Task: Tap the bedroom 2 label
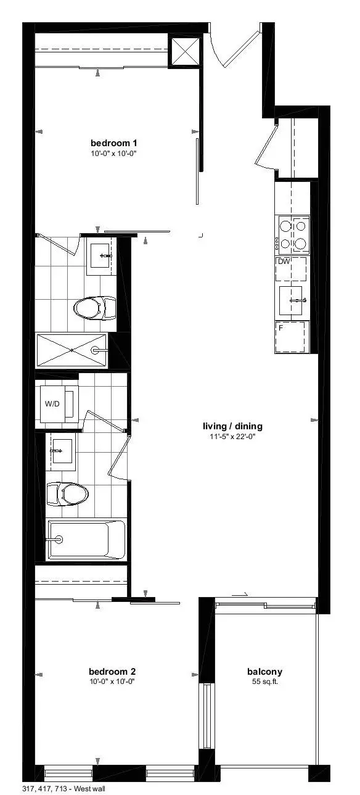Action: tap(112, 672)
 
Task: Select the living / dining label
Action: tap(232, 426)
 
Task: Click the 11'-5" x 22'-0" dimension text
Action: tap(232, 437)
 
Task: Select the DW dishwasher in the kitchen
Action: tap(291, 269)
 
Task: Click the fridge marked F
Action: tap(291, 337)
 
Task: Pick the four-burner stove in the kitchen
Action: tap(293, 235)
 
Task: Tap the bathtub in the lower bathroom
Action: tap(86, 540)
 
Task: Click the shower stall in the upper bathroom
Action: tap(72, 350)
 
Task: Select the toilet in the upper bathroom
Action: tap(94, 307)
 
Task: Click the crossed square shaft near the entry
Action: tap(186, 52)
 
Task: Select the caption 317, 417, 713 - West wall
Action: tap(59, 789)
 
